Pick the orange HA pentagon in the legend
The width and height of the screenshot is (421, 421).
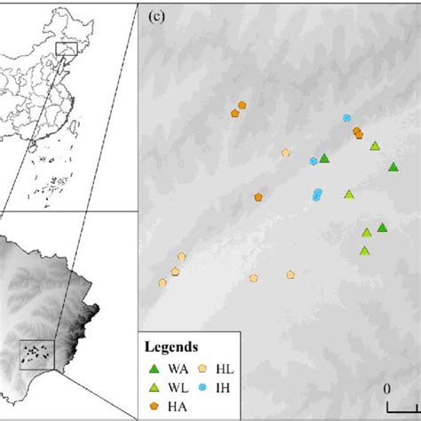(x=155, y=408)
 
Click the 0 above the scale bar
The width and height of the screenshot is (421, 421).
(x=387, y=388)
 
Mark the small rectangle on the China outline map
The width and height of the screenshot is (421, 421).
(x=66, y=48)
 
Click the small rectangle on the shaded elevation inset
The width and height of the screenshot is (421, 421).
(x=36, y=353)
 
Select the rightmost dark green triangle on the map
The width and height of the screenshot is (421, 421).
(x=393, y=167)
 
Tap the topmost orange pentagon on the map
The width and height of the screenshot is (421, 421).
(x=242, y=105)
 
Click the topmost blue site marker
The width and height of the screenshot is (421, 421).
(x=347, y=118)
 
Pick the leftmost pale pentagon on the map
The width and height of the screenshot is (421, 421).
(x=163, y=282)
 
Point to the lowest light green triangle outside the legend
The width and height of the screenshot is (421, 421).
(x=364, y=250)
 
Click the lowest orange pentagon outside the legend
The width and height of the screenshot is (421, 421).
(x=258, y=197)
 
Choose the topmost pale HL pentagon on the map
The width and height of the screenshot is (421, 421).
(x=286, y=152)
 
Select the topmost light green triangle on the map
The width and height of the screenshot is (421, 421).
(x=375, y=146)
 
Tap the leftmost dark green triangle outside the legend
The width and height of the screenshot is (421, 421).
(x=325, y=157)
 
